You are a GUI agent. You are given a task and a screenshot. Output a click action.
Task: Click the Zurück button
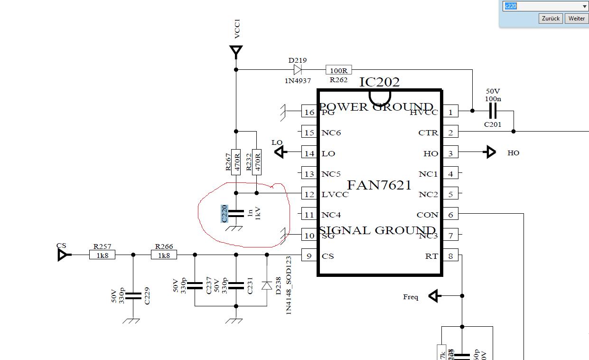(x=551, y=19)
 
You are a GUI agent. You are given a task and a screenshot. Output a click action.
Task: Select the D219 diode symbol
(x=298, y=70)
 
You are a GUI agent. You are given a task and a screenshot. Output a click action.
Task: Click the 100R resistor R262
(x=338, y=70)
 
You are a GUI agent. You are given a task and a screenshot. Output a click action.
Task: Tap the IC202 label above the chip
(x=379, y=82)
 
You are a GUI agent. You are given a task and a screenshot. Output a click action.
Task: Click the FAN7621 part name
(x=379, y=185)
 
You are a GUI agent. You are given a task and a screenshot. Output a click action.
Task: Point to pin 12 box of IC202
(x=309, y=194)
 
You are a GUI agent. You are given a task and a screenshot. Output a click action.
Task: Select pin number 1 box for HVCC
(x=450, y=112)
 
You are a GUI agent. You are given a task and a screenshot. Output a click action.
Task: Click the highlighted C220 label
(x=224, y=214)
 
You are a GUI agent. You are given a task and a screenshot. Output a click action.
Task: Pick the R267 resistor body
(x=236, y=162)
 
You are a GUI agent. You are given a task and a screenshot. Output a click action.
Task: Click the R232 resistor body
(x=257, y=162)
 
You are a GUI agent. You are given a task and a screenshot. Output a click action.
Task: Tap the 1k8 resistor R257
(x=103, y=255)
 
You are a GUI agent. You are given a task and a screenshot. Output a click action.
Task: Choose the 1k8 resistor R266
(x=164, y=255)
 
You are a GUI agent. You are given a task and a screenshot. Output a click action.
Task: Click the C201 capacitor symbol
(x=493, y=112)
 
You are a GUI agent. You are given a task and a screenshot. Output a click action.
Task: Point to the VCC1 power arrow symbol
(x=236, y=50)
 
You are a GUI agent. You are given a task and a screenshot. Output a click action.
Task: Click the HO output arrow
(x=490, y=152)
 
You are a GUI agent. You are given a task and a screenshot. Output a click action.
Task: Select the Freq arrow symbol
(x=433, y=296)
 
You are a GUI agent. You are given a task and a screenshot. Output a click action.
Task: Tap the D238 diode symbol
(x=267, y=285)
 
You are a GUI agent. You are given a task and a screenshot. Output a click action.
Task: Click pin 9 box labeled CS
(x=309, y=256)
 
